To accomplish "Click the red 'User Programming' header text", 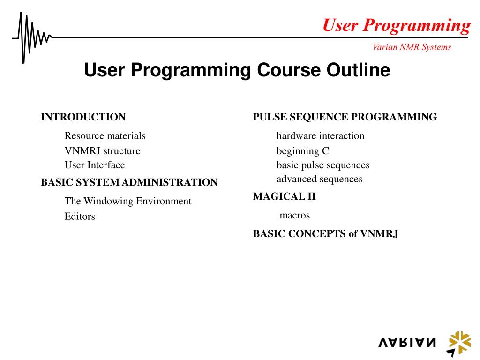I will pyautogui.click(x=396, y=25).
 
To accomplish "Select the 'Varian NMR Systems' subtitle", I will pyautogui.click(x=412, y=47).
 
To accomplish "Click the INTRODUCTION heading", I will pyautogui.click(x=83, y=117).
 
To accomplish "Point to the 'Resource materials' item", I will pyautogui.click(x=105, y=136).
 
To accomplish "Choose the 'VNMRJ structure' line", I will pyautogui.click(x=102, y=151).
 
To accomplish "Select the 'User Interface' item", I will pyautogui.click(x=95, y=165).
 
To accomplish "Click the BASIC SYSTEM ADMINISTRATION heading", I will pyautogui.click(x=129, y=182).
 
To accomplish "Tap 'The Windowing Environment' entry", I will pyautogui.click(x=128, y=201).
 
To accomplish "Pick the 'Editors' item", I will pyautogui.click(x=80, y=217).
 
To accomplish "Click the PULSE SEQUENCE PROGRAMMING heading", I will pyautogui.click(x=345, y=117).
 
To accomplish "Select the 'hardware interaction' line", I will pyautogui.click(x=320, y=136).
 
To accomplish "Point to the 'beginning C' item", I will pyautogui.click(x=303, y=151).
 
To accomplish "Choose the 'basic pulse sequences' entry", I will pyautogui.click(x=323, y=165).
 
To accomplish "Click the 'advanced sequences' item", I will pyautogui.click(x=319, y=179).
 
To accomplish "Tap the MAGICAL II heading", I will pyautogui.click(x=284, y=196).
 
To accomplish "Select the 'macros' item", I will pyautogui.click(x=294, y=216).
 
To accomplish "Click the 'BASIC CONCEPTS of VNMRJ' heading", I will pyautogui.click(x=325, y=234).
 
